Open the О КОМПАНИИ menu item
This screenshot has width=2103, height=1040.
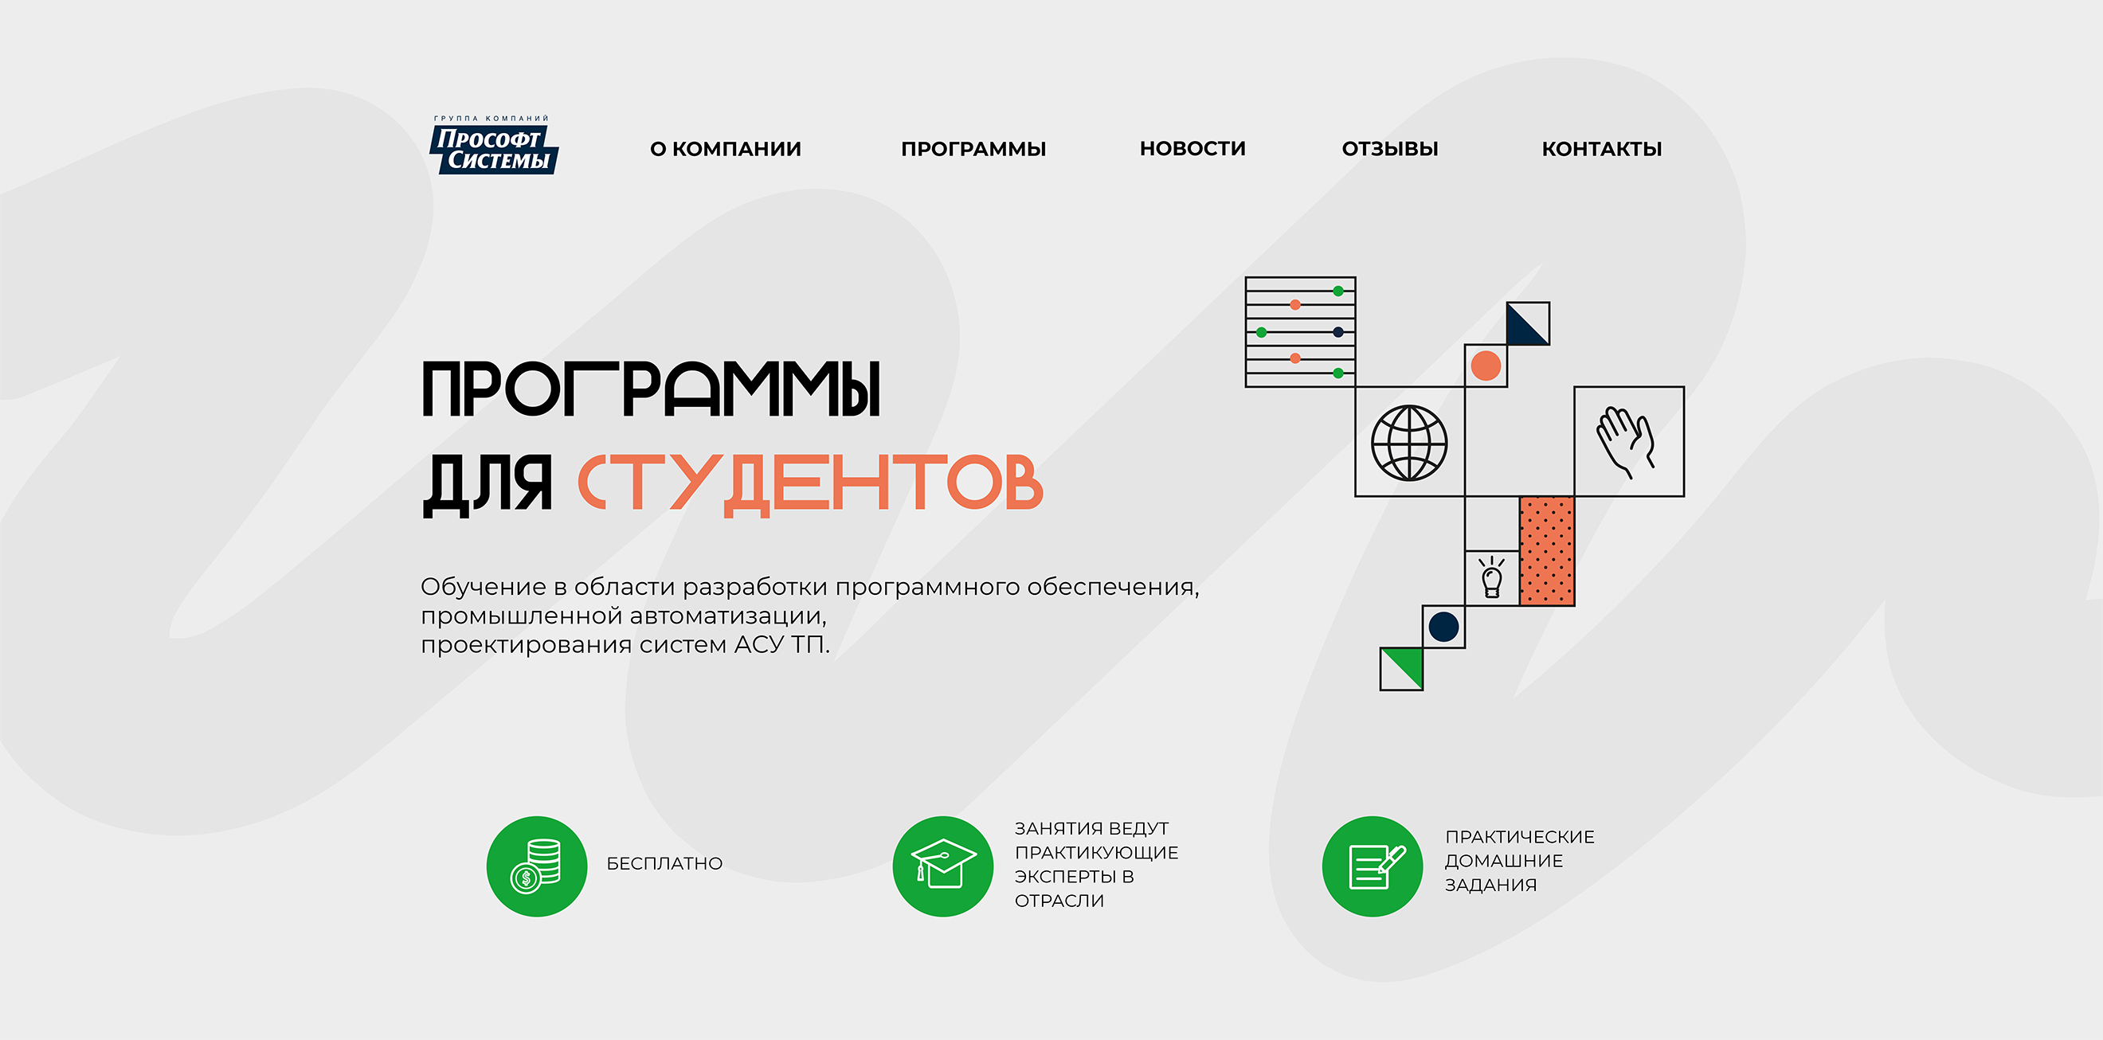pyautogui.click(x=725, y=149)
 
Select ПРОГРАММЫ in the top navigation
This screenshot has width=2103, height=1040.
pyautogui.click(x=973, y=149)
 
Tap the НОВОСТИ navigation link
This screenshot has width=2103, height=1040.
pyautogui.click(x=1192, y=149)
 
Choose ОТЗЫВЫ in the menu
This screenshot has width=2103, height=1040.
pyautogui.click(x=1389, y=149)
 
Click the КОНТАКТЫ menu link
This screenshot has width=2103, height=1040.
pyautogui.click(x=1601, y=149)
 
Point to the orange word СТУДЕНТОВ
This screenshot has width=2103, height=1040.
pyautogui.click(x=811, y=484)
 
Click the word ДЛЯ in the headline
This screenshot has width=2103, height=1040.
pyautogui.click(x=488, y=484)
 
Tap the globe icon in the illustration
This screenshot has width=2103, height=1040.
pyautogui.click(x=1409, y=443)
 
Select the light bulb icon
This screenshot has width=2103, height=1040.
pyautogui.click(x=1491, y=578)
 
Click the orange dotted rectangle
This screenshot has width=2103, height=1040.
pyautogui.click(x=1546, y=551)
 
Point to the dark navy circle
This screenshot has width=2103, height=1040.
pyautogui.click(x=1443, y=627)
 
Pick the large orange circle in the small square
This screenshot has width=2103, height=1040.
pyautogui.click(x=1486, y=366)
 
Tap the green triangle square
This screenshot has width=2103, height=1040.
pyautogui.click(x=1401, y=669)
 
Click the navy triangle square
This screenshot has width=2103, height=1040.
pyautogui.click(x=1527, y=323)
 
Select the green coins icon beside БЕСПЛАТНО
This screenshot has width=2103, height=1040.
pyautogui.click(x=536, y=866)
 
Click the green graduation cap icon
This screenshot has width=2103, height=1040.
pyautogui.click(x=943, y=866)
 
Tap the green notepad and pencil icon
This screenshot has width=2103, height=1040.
pyautogui.click(x=1373, y=866)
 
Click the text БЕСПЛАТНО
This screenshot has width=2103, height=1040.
pyautogui.click(x=664, y=864)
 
